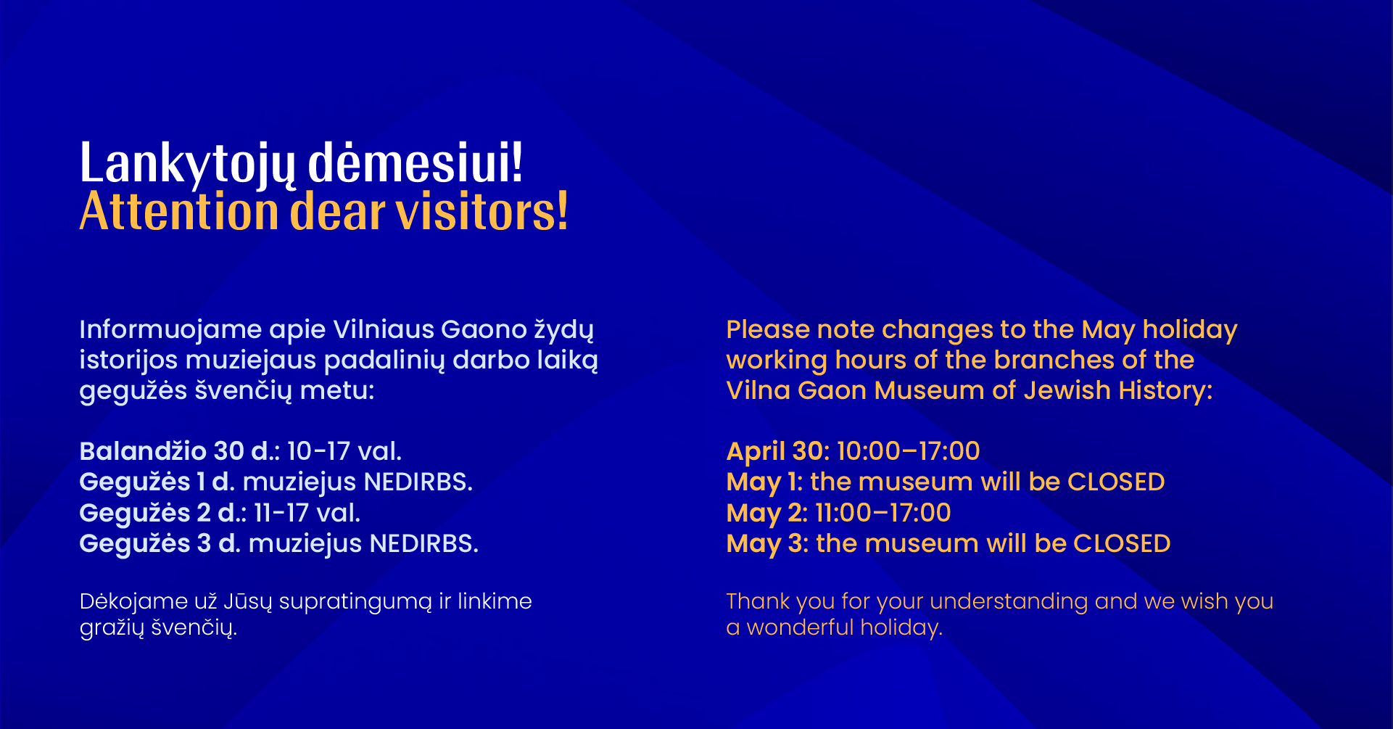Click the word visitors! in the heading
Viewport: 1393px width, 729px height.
point(481,212)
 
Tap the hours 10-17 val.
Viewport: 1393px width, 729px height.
point(344,451)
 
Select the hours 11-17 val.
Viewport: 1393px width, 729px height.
point(307,513)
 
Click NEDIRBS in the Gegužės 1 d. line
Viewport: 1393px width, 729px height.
point(418,482)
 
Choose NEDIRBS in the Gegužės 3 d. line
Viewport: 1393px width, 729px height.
point(424,544)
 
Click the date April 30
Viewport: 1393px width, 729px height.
point(775,452)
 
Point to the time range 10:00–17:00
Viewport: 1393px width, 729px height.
point(909,451)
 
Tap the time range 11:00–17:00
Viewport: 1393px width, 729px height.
point(883,513)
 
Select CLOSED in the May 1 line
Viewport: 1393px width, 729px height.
point(1116,482)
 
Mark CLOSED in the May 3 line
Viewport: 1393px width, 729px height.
point(1122,544)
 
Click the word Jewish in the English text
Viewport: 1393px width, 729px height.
point(1067,390)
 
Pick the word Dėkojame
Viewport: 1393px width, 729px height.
point(134,601)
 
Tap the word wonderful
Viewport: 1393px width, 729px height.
point(800,627)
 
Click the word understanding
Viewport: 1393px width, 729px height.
point(1009,602)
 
